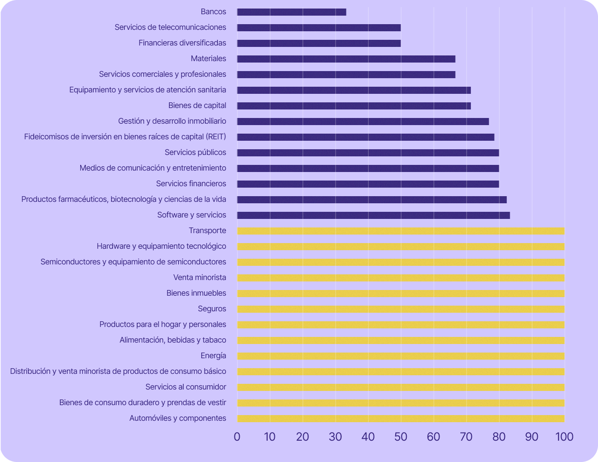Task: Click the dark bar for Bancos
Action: (x=291, y=12)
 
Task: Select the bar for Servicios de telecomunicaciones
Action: (x=319, y=28)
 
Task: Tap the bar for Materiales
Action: (x=346, y=59)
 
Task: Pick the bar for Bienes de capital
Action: (x=354, y=106)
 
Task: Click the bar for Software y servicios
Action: (x=374, y=216)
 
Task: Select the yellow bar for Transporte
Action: (x=401, y=231)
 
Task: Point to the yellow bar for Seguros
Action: (x=401, y=309)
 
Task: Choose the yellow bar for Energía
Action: (x=401, y=356)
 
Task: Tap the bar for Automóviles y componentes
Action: (x=401, y=419)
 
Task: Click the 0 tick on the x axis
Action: (x=237, y=437)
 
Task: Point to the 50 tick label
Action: (x=401, y=437)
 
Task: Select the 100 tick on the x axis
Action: (x=564, y=437)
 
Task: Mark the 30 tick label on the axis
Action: (x=335, y=437)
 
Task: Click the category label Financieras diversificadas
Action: (x=182, y=43)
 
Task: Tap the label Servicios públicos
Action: (x=195, y=153)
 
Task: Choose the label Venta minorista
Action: (x=199, y=278)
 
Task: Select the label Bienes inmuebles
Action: (x=196, y=293)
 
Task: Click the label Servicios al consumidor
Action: (x=186, y=387)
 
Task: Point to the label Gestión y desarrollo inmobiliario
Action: (x=172, y=121)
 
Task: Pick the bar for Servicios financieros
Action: (x=368, y=184)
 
